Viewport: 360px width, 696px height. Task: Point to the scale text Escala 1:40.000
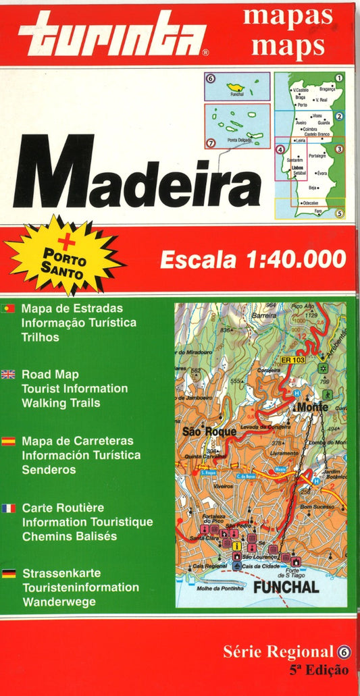253,259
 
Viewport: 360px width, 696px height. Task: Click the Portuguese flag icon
9,308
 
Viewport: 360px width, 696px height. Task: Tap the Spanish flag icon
9,441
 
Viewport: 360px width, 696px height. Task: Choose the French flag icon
9,508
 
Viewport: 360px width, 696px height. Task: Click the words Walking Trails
61,403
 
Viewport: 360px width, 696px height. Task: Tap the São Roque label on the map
209,431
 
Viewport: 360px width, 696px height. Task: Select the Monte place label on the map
311,407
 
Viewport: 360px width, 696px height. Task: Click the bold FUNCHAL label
286,588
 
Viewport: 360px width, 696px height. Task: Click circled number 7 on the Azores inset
211,143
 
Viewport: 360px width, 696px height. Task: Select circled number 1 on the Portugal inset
339,78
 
